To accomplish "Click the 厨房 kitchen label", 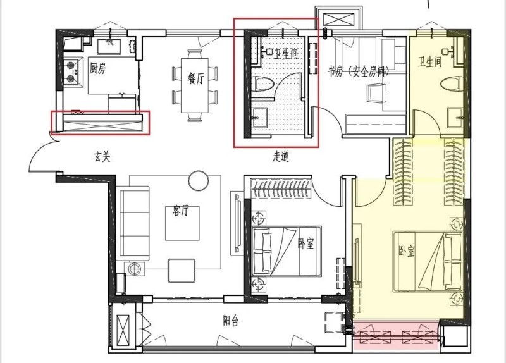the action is pyautogui.click(x=97, y=68).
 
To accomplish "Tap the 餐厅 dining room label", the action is pyautogui.click(x=196, y=78).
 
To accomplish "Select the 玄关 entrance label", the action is pyautogui.click(x=102, y=157).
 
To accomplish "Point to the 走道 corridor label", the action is pyautogui.click(x=280, y=156).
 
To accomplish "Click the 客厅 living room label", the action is pyautogui.click(x=181, y=211).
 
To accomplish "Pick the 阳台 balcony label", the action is pyautogui.click(x=231, y=321).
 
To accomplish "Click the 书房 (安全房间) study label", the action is pyautogui.click(x=358, y=71).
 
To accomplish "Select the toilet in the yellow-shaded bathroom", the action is pyautogui.click(x=452, y=83).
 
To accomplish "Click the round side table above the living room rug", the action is pyautogui.click(x=199, y=180).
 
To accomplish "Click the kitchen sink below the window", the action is pyautogui.click(x=109, y=46).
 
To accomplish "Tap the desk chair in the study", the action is pyautogui.click(x=376, y=93).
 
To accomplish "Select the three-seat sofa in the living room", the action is pyautogui.click(x=135, y=223).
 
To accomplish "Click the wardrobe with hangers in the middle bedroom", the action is pyautogui.click(x=281, y=188).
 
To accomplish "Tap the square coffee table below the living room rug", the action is pyautogui.click(x=182, y=271).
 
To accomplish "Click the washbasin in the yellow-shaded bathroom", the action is pyautogui.click(x=455, y=118).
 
